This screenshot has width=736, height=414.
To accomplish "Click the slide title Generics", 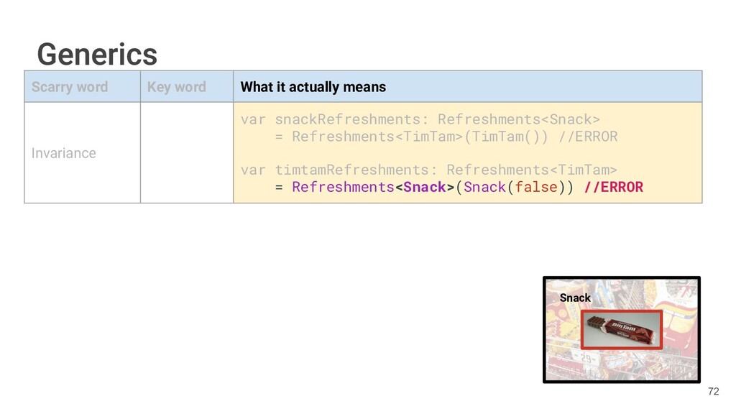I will coord(97,54).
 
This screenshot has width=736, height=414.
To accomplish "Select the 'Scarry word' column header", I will coord(70,87).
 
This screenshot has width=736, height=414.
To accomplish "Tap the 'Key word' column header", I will coord(176,87).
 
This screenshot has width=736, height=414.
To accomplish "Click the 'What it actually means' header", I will coord(313,87).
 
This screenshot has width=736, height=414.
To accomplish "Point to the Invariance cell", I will coord(63,153).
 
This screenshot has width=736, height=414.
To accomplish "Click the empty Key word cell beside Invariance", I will coord(186,152).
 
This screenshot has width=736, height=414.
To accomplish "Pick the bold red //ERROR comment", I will coord(613,188).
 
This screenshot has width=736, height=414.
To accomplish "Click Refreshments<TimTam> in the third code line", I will coord(531,170).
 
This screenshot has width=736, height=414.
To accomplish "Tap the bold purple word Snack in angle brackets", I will coord(425,188).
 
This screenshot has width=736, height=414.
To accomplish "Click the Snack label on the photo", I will coord(575,298).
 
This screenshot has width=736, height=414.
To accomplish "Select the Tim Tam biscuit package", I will coord(619,329).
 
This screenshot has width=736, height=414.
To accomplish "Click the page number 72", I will coord(713,392).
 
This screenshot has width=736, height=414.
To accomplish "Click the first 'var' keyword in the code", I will coord(253,119).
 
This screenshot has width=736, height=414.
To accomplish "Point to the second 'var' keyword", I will coord(253,170).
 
